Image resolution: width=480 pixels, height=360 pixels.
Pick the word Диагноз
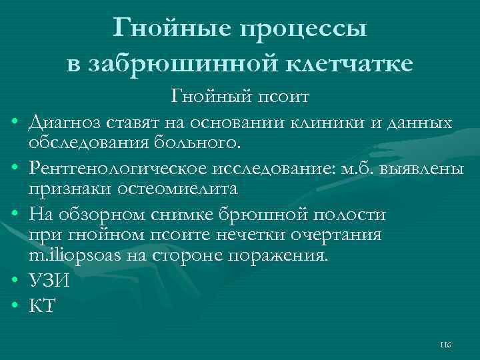click(65, 123)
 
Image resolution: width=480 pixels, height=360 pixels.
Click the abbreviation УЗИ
click(49, 283)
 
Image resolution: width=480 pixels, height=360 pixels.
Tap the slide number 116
click(445, 345)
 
